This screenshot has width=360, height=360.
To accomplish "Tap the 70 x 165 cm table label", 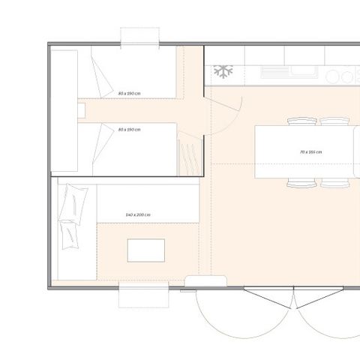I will pos(310,151).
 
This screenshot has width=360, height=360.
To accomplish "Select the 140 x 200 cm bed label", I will pos(139,215).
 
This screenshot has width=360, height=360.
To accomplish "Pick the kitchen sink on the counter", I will pos(304,73).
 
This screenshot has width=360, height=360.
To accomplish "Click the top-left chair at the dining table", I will pos(301,121).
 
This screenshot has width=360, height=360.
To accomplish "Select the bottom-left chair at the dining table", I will pos(301,182).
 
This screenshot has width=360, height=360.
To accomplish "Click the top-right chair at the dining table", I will pos(334,121).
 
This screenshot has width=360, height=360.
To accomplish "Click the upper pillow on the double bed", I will pos(76,201).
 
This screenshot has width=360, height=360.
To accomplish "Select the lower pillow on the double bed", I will pos(70,232).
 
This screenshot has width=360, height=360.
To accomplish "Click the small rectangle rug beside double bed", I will pos(145,250).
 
